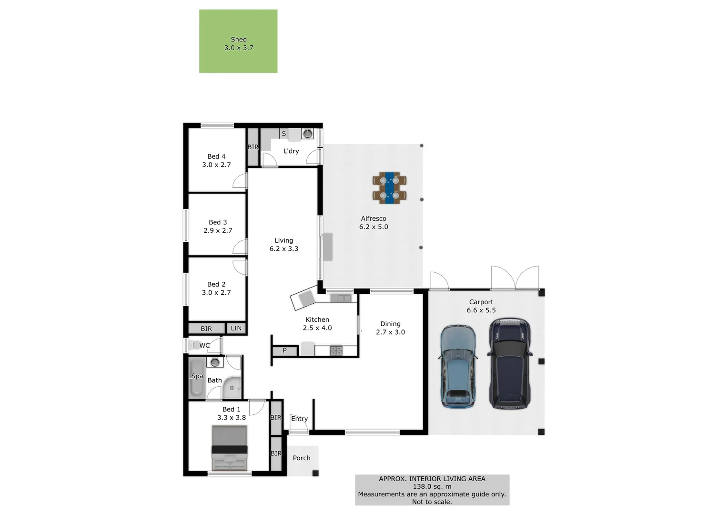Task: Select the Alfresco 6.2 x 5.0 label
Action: pyautogui.click(x=374, y=223)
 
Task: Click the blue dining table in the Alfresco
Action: pyautogui.click(x=390, y=188)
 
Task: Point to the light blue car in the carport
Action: pyautogui.click(x=457, y=366)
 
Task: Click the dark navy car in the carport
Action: pyautogui.click(x=509, y=363)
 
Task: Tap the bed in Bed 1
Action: pyautogui.click(x=230, y=448)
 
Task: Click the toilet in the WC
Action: pyautogui.click(x=194, y=345)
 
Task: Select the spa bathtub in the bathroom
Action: pyautogui.click(x=197, y=379)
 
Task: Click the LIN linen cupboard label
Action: pyautogui.click(x=236, y=328)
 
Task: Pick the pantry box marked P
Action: pyautogui.click(x=285, y=350)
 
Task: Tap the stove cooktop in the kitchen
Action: pyautogui.click(x=336, y=350)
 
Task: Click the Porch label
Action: pyautogui.click(x=302, y=458)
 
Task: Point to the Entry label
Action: pyautogui.click(x=299, y=419)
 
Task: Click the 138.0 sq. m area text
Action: pyautogui.click(x=432, y=486)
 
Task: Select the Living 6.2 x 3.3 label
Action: pyautogui.click(x=284, y=245)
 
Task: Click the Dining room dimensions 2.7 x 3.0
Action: pyautogui.click(x=390, y=332)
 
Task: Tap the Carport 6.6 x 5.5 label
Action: pyautogui.click(x=481, y=306)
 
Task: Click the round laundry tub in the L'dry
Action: pyautogui.click(x=308, y=134)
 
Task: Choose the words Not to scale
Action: pyautogui.click(x=432, y=502)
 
